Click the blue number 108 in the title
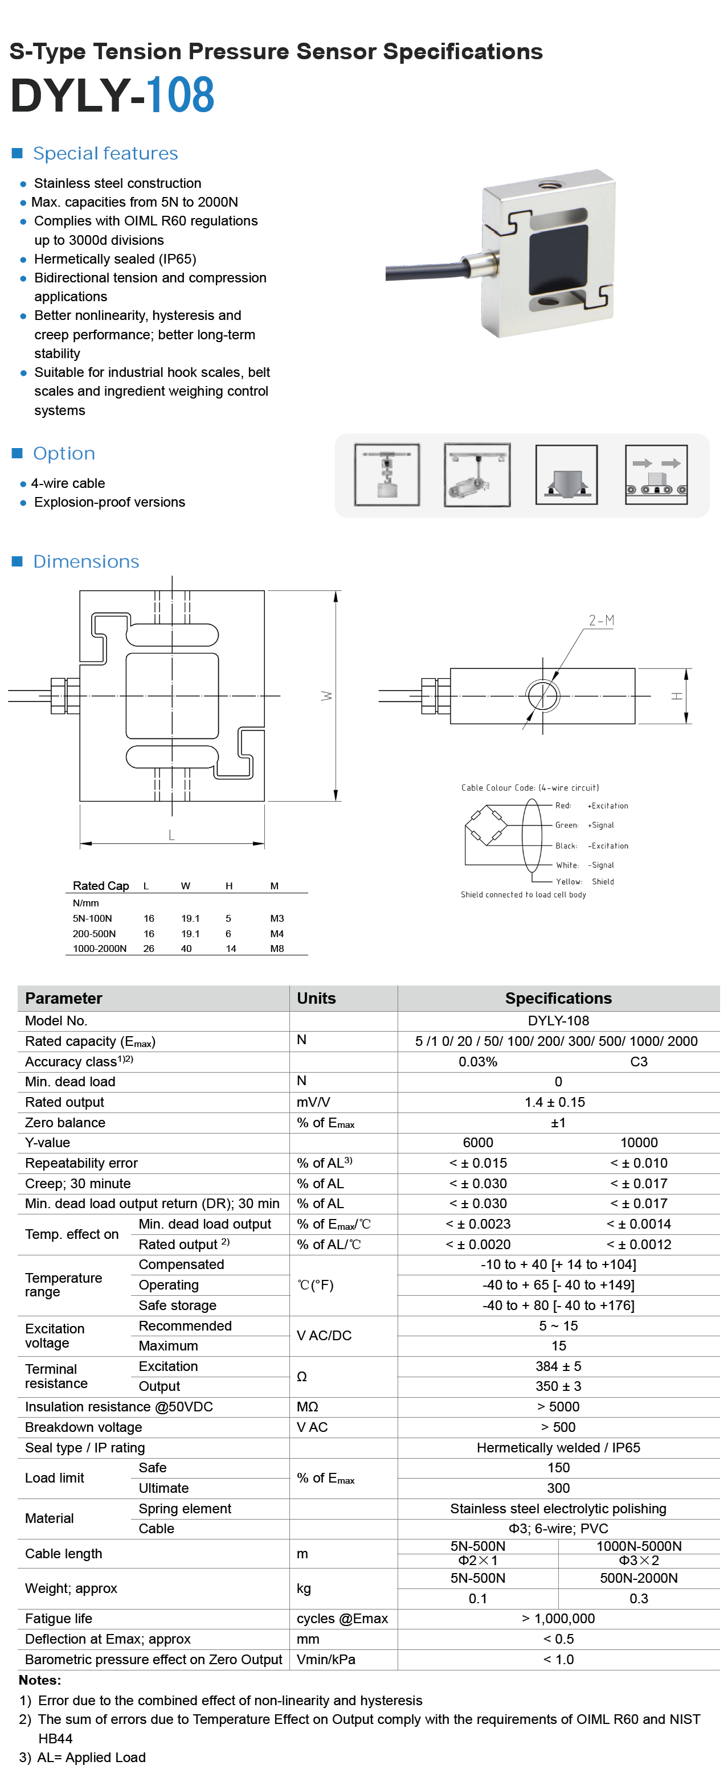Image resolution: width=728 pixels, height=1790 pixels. pos(180,95)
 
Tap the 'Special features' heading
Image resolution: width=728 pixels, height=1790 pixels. pos(106,153)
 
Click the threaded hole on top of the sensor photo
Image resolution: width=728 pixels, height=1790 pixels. pos(553,186)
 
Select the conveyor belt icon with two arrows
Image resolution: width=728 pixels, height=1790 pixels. pos(656,475)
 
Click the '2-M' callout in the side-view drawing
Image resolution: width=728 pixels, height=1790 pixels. pos(602,621)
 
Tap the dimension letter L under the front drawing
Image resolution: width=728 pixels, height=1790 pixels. pos(171,835)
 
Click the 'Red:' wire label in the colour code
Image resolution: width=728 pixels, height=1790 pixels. pos(563,806)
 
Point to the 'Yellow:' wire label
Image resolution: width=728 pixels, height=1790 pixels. pos(569,882)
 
